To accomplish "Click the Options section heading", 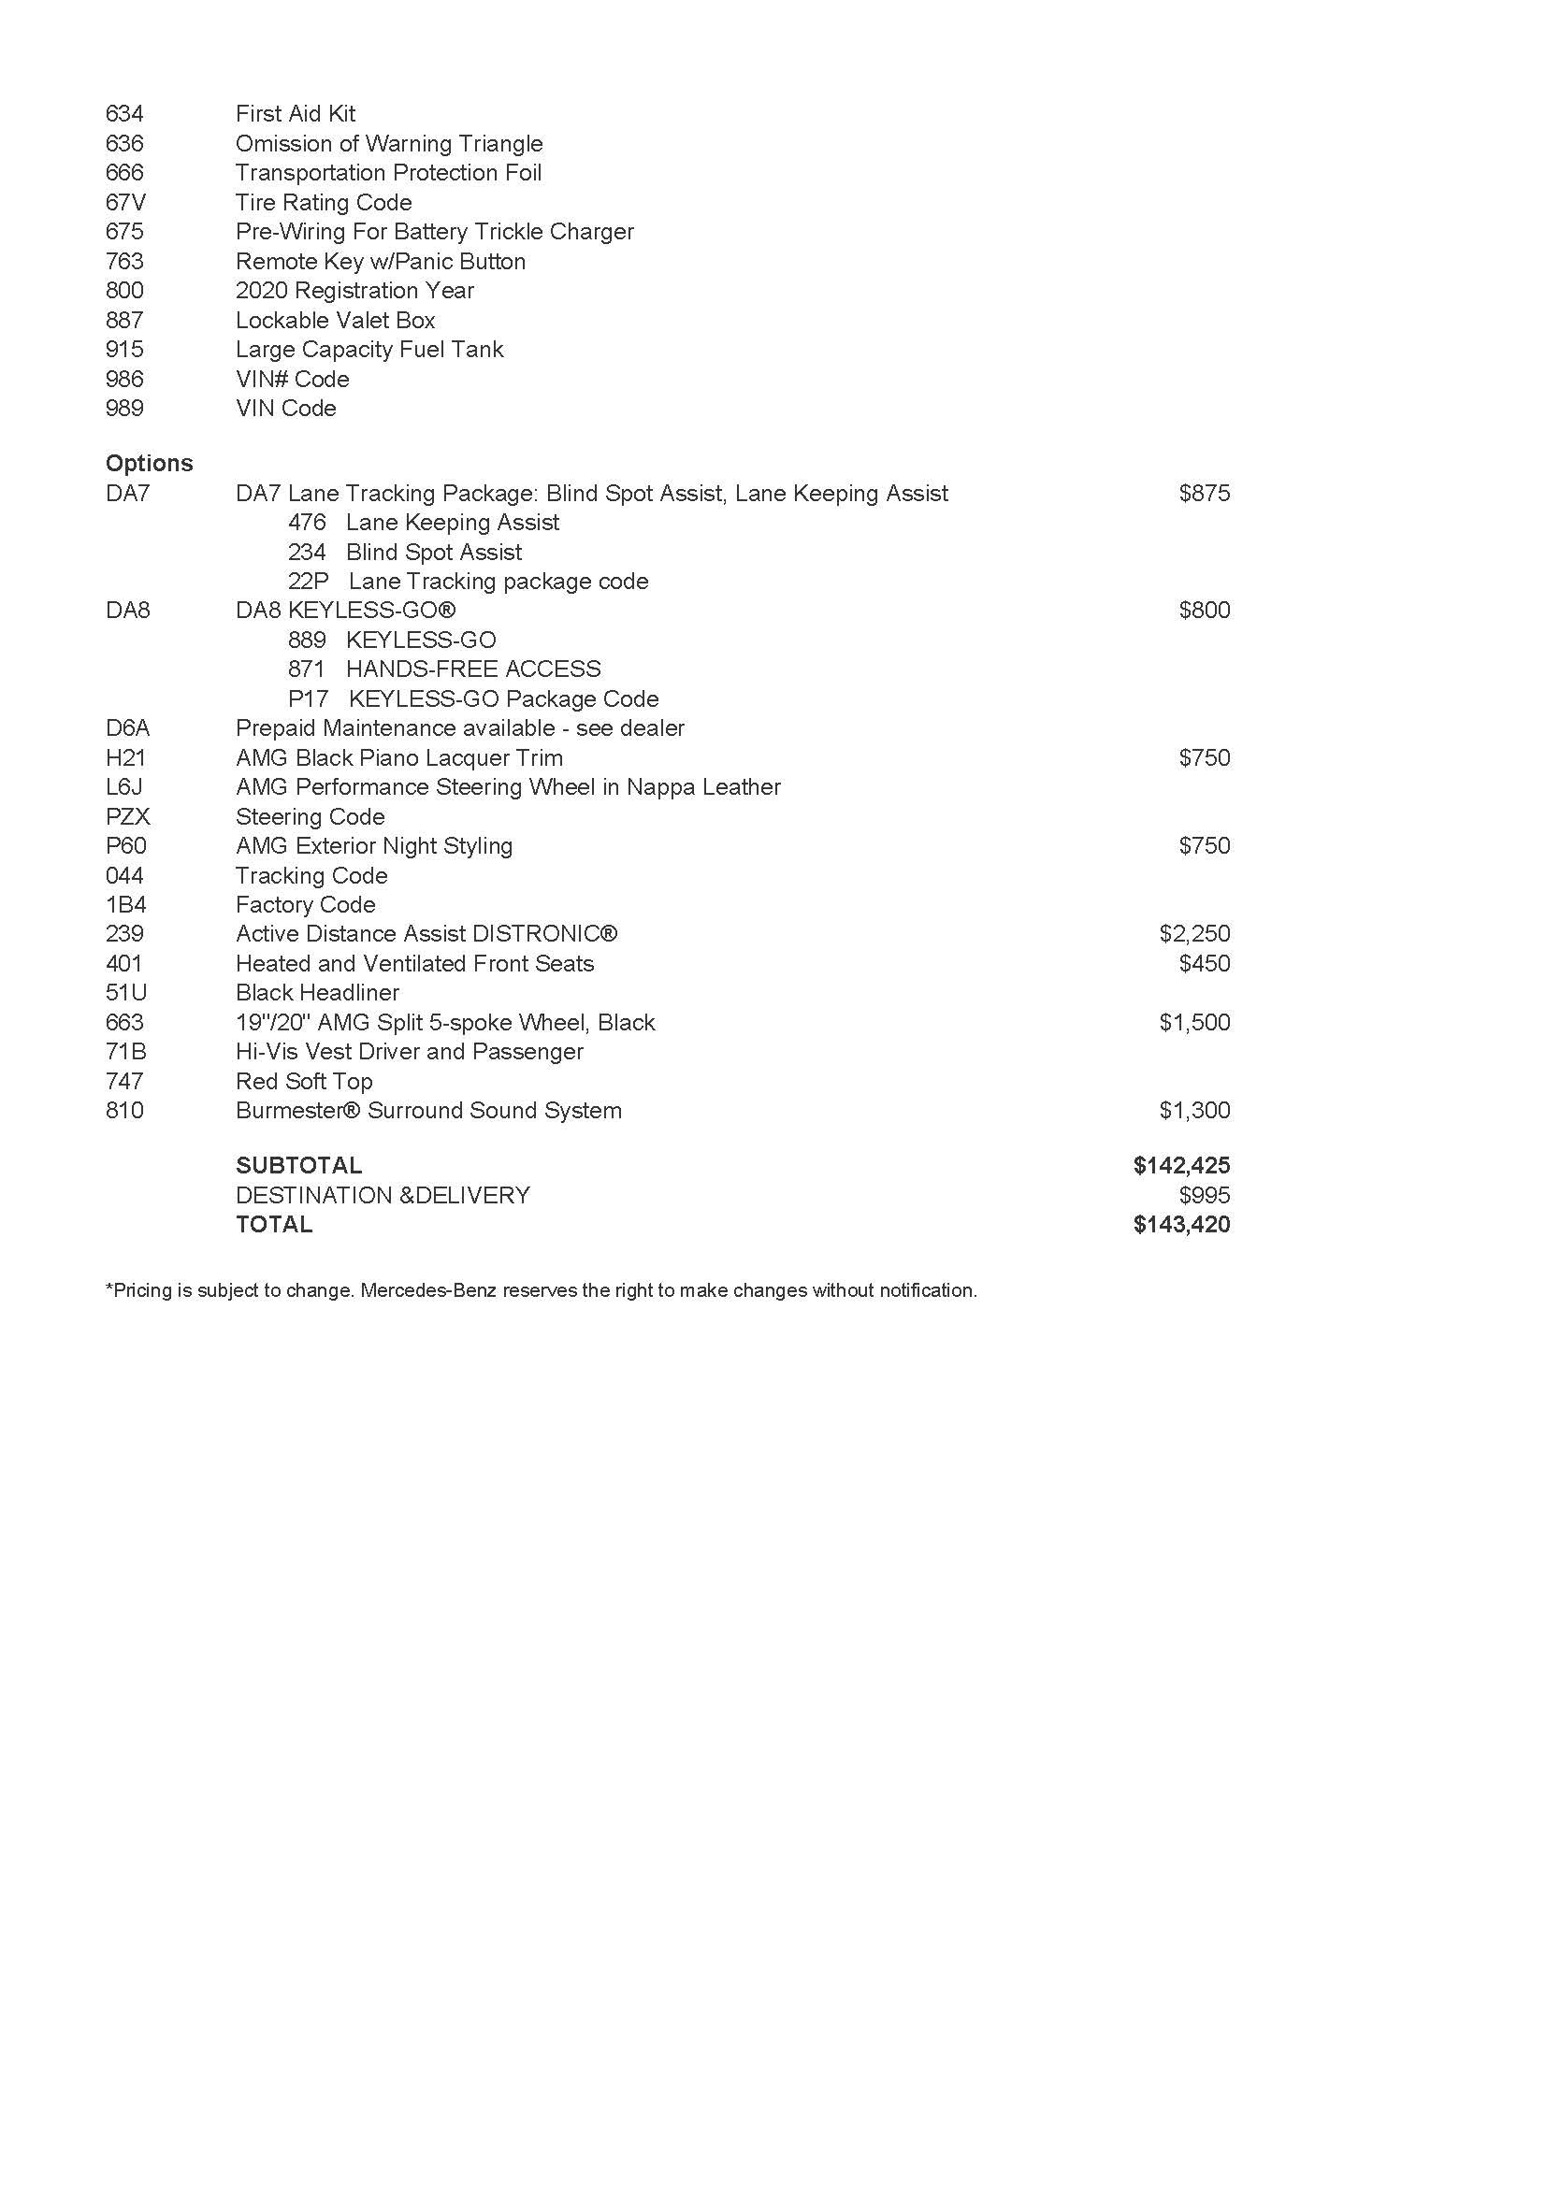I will (x=149, y=463).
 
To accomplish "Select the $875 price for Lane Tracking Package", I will (x=1204, y=493).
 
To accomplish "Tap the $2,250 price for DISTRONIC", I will (x=1194, y=933).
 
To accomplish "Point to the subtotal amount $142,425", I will (x=1181, y=1165).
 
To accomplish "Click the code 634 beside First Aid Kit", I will (x=124, y=114).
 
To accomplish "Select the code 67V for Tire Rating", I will (x=125, y=202).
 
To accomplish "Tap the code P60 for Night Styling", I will (x=125, y=846).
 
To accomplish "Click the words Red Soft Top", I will (x=304, y=1081).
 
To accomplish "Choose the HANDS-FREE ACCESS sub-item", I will (x=473, y=669).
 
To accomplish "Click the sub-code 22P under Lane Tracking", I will (x=308, y=581).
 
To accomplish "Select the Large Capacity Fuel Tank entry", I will (x=369, y=350).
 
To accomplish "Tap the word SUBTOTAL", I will (x=299, y=1165).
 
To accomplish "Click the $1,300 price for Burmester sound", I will (x=1194, y=1110).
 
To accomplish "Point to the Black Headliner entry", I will (x=317, y=993).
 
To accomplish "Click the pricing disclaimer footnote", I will (x=541, y=1290).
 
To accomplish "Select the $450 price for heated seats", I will (x=1204, y=963).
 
